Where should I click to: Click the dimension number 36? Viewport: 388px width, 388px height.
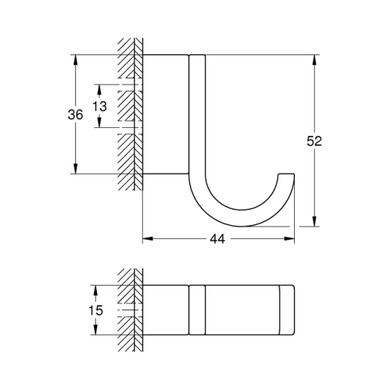75,114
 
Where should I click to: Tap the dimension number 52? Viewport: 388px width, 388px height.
314,141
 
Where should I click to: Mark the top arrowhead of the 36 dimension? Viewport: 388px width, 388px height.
75,58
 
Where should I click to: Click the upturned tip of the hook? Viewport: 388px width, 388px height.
289,174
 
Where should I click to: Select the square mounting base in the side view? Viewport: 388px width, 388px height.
165,114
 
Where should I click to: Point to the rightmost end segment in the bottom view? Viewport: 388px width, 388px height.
286,310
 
